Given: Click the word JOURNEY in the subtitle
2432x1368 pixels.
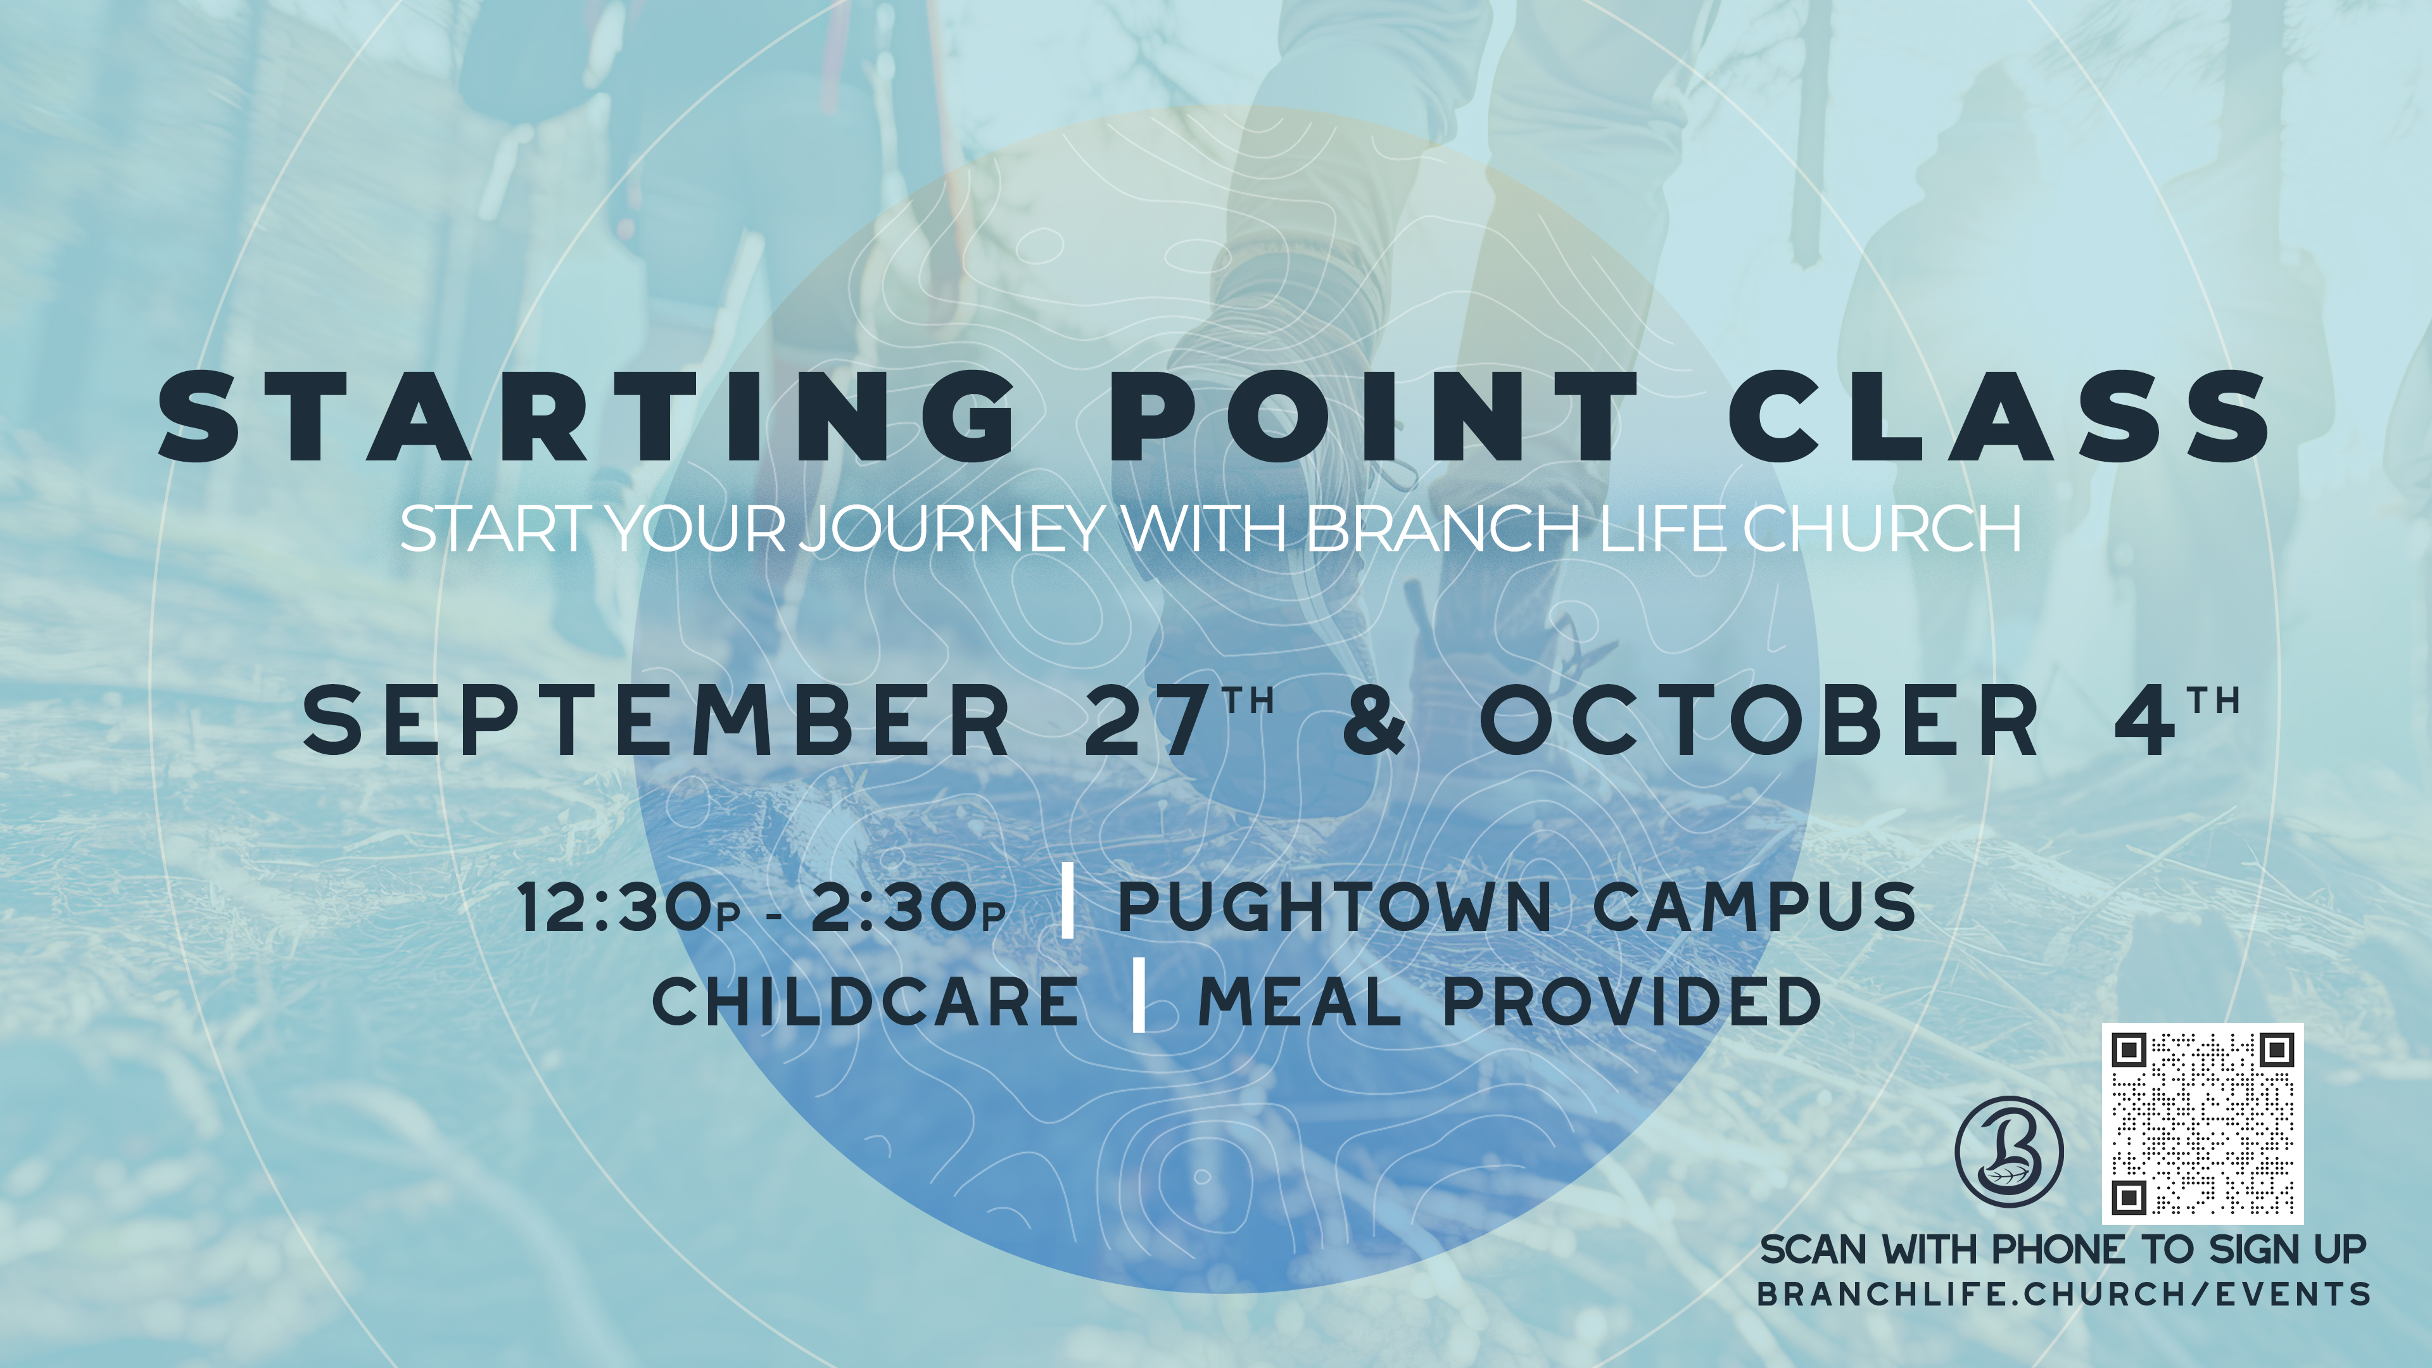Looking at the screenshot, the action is coord(954,529).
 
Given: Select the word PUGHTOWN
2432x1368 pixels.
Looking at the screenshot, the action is coord(1334,906).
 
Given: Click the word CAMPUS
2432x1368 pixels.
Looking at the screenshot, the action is coord(1755,906).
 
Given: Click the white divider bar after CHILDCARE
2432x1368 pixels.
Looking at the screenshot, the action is coord(1139,995).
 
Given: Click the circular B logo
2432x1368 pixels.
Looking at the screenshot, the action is coord(2009,1151).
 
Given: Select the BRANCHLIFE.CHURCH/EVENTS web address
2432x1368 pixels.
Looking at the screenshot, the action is coord(2064,1293).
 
